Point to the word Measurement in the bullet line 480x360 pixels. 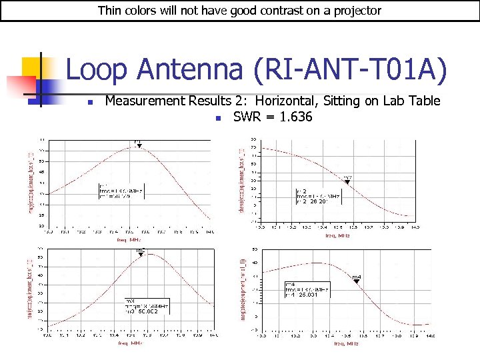145,101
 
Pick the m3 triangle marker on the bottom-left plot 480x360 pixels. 141,255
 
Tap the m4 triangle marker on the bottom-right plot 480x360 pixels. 357,281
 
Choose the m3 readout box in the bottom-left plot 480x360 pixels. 145,306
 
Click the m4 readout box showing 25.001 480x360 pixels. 309,289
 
